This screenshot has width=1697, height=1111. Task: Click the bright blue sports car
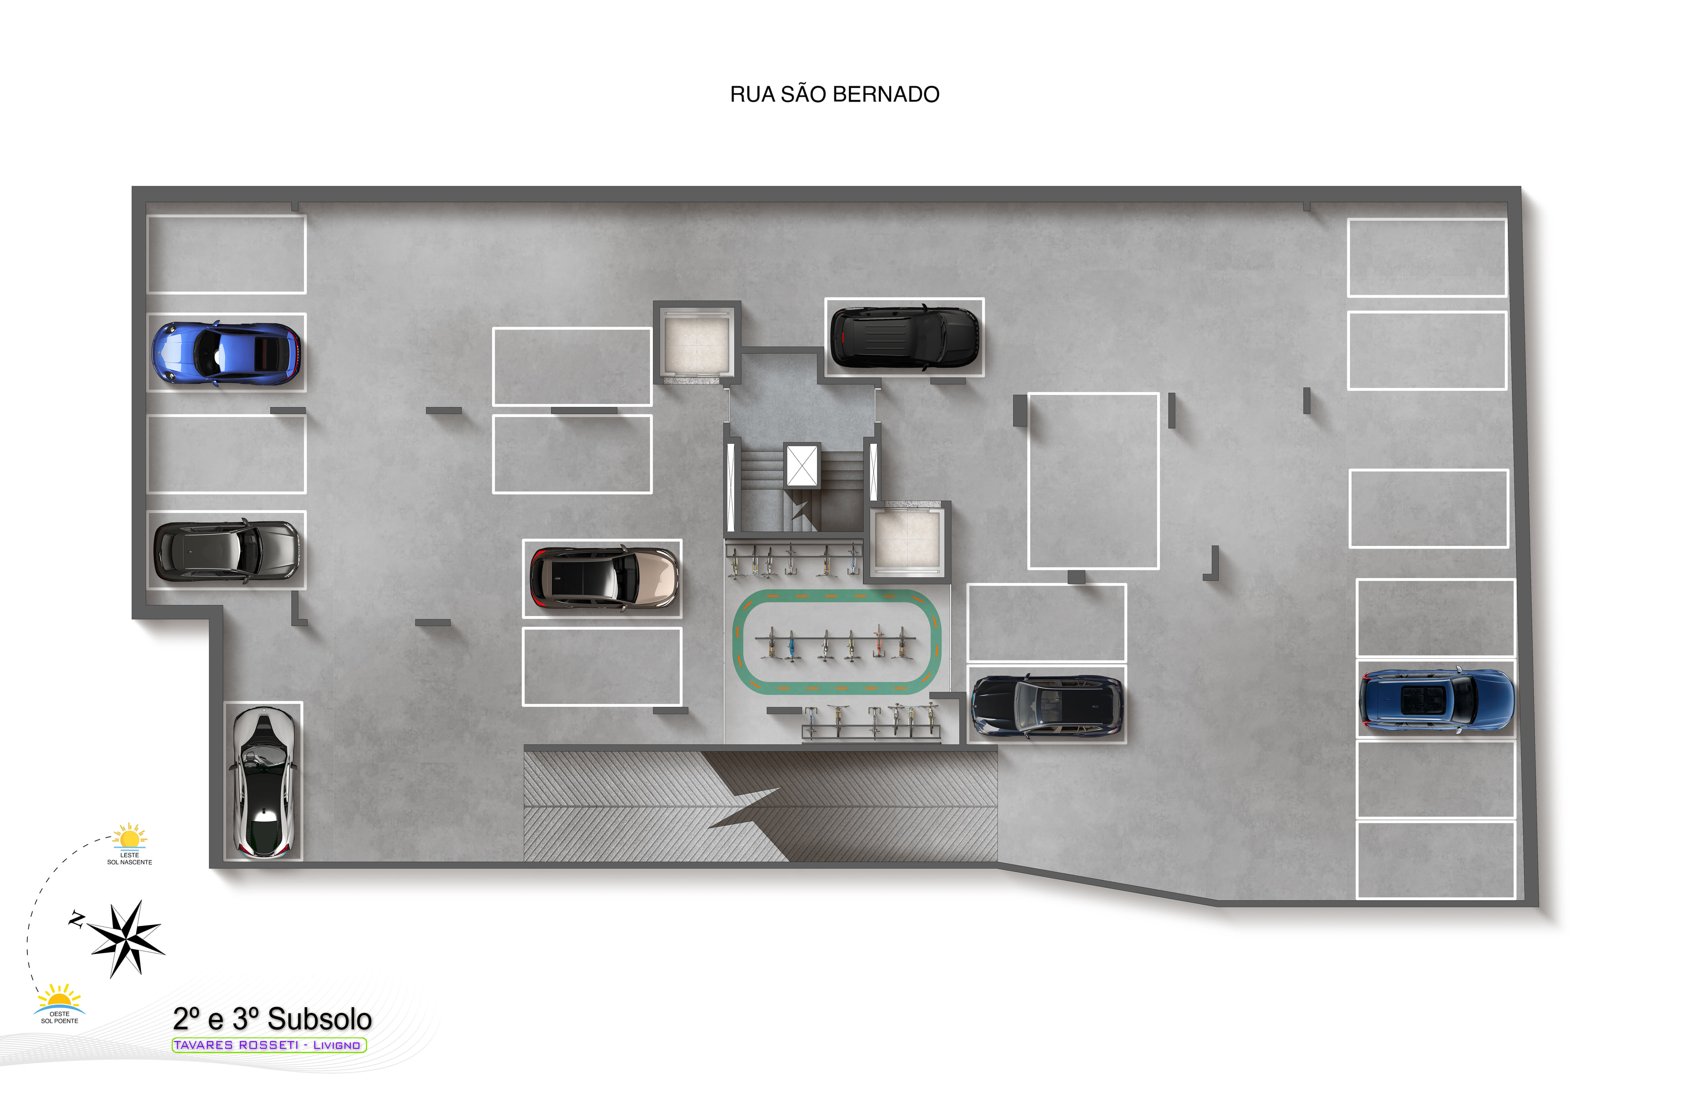pos(226,353)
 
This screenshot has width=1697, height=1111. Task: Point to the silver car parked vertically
pos(263,782)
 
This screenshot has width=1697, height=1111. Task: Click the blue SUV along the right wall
pos(1436,699)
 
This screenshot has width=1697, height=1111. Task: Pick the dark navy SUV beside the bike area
pos(1047,705)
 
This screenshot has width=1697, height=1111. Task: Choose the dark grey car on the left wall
pos(226,550)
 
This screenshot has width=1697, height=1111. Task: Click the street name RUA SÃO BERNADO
pos(834,94)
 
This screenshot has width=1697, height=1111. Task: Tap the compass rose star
pos(127,939)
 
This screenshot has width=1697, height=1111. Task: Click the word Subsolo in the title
pos(320,1019)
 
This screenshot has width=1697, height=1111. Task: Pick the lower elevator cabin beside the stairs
pos(907,540)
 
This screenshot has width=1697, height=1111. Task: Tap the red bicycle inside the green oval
pos(879,642)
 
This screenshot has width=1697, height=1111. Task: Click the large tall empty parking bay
pos(1093,481)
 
